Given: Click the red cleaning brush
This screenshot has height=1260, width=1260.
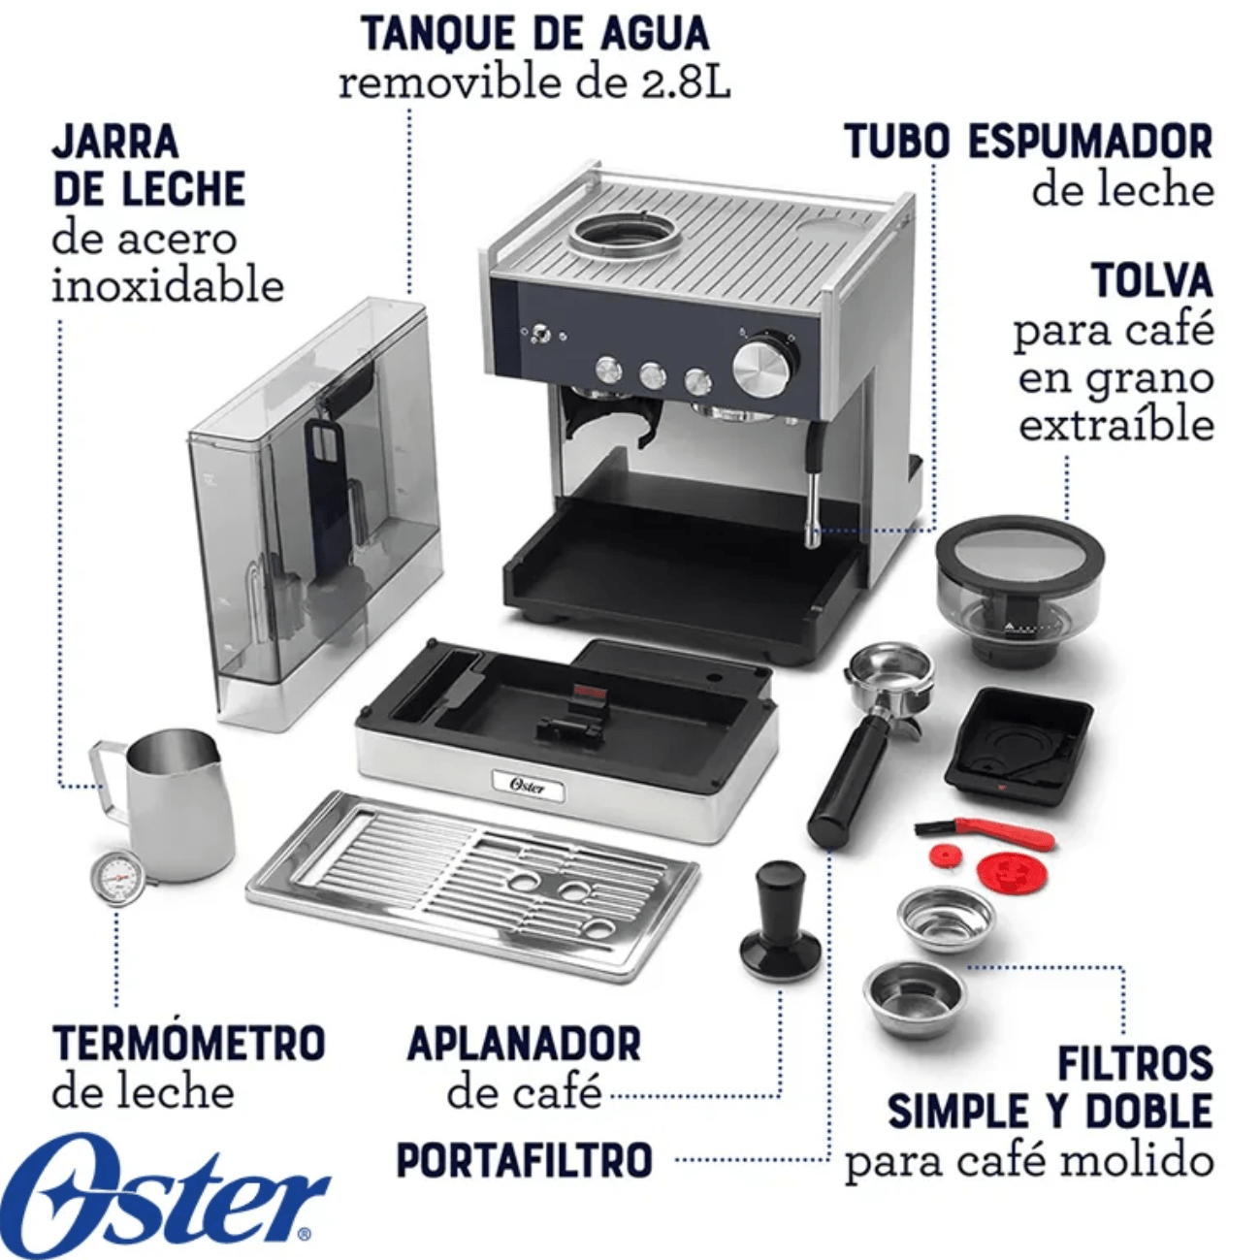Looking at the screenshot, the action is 985,832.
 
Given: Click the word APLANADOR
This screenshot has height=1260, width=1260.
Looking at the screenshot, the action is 525,1044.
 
